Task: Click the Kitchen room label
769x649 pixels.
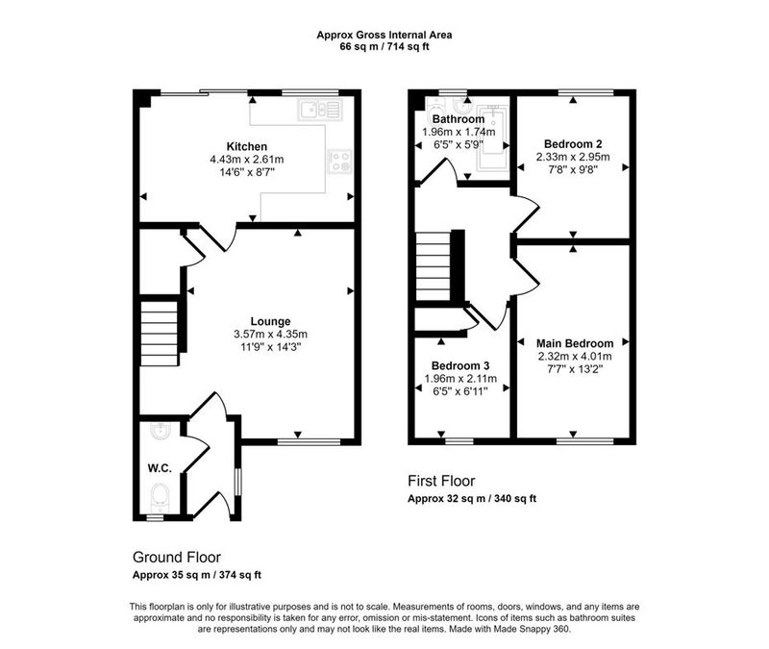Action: tap(247, 146)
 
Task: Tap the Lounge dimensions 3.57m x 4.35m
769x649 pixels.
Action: tap(271, 335)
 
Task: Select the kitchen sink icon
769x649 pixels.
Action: tap(320, 110)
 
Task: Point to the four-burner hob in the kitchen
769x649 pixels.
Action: tap(340, 161)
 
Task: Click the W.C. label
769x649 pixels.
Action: tap(160, 468)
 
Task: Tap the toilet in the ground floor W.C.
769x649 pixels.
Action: tap(160, 495)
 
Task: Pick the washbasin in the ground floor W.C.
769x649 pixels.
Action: tap(160, 432)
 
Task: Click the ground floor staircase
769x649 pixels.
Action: tap(160, 334)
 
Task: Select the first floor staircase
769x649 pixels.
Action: tap(434, 266)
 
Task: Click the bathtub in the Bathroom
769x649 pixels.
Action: tap(492, 137)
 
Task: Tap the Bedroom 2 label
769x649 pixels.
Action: tap(573, 143)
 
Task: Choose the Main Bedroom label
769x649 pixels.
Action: tap(575, 343)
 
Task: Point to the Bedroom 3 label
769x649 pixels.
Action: tap(460, 365)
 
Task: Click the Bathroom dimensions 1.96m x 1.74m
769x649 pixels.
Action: tap(459, 132)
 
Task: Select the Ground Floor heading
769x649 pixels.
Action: tap(177, 558)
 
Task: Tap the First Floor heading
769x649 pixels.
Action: tap(441, 481)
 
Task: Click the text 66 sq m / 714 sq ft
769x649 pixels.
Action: tap(384, 47)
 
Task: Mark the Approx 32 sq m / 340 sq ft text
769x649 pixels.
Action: tap(472, 498)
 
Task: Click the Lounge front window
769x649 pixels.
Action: tap(309, 442)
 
